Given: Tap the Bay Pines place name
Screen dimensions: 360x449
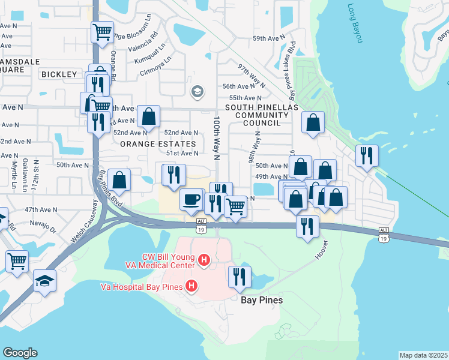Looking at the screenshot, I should pyautogui.click(x=262, y=299).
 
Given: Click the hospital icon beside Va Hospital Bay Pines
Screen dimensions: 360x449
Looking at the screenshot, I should pyautogui.click(x=191, y=286).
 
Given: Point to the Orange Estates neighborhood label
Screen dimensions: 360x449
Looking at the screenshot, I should pyautogui.click(x=158, y=145).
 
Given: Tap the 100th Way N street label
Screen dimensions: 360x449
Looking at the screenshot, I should pyautogui.click(x=217, y=139).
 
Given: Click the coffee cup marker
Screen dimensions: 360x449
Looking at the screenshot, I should pyautogui.click(x=191, y=199).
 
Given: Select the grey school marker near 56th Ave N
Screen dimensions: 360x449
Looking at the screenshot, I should pyautogui.click(x=196, y=92).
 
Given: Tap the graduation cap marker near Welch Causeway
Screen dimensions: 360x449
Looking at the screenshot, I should pyautogui.click(x=44, y=280).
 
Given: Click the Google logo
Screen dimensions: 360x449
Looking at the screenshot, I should pyautogui.click(x=20, y=353).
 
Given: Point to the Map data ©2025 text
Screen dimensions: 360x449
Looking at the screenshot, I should pyautogui.click(x=423, y=355).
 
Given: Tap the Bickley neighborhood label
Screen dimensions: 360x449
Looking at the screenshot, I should pyautogui.click(x=59, y=74).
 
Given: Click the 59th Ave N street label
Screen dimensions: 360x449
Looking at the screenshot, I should pyautogui.click(x=267, y=38).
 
